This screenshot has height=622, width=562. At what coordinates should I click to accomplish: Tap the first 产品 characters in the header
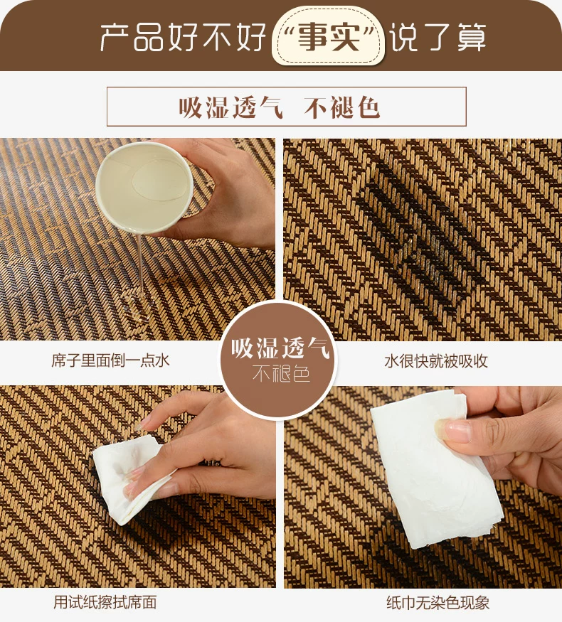132,37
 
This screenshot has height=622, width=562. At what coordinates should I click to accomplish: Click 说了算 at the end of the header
437,37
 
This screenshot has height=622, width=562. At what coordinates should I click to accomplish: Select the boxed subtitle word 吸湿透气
231,107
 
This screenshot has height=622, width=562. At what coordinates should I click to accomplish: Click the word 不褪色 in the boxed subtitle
342,107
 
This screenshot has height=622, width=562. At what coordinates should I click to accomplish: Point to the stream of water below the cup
140,262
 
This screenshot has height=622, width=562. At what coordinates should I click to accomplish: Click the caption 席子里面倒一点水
111,360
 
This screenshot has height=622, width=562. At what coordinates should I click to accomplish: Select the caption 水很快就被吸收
436,361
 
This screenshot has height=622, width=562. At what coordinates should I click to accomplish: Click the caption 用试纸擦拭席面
105,602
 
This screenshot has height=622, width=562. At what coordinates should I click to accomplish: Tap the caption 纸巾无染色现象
438,603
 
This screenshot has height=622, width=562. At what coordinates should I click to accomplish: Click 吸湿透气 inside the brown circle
280,348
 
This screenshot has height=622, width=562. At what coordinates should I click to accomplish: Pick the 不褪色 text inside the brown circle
281,373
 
